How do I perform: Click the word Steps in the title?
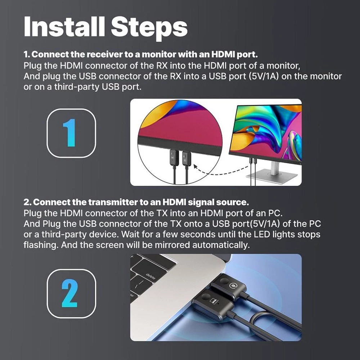pyautogui.click(x=149, y=28)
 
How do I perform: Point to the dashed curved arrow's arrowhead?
pyautogui.click(x=195, y=166)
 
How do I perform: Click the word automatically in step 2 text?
pyautogui.click(x=221, y=245)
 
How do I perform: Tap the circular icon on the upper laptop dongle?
pyautogui.click(x=233, y=285)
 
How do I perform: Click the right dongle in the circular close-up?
pyautogui.click(x=186, y=158)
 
